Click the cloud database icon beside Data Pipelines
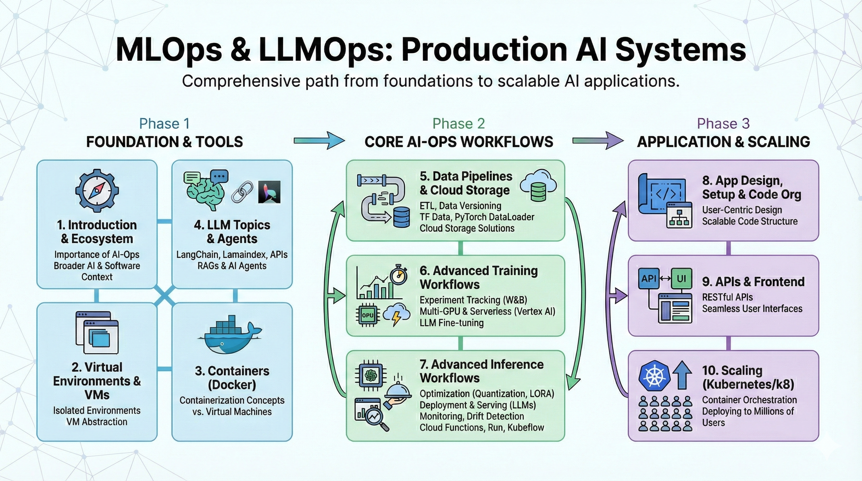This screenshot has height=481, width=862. (538, 185)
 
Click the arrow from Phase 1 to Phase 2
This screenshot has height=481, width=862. (319, 141)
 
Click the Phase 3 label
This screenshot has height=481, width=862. (723, 124)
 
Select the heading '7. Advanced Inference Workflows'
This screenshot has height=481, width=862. (481, 371)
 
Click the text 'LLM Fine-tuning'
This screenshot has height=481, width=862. (451, 323)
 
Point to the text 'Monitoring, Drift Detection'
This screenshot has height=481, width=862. (472, 416)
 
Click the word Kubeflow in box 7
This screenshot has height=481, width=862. (526, 427)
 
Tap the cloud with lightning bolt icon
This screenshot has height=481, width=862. (397, 315)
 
